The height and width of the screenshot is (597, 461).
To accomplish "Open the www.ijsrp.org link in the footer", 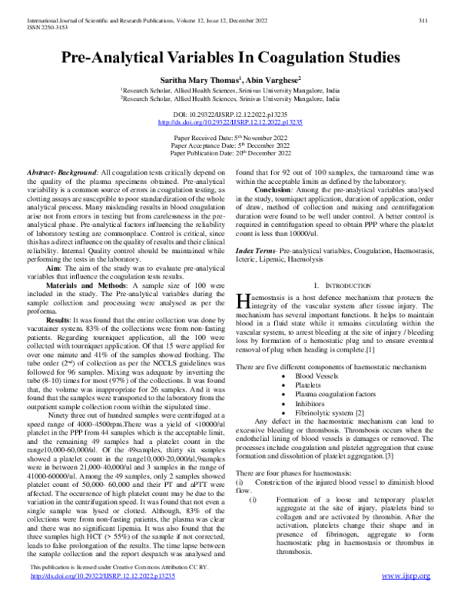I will click(409, 586).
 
